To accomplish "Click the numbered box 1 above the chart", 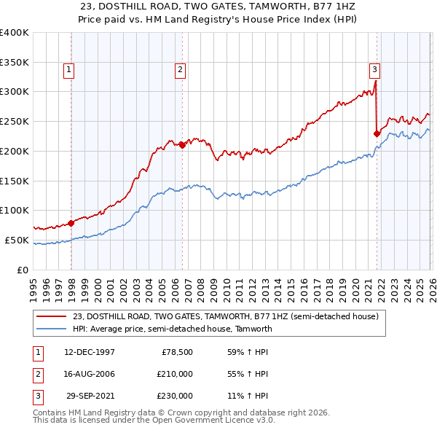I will click(68, 70).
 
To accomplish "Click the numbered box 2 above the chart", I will click(180, 70).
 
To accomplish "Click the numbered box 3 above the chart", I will click(374, 70).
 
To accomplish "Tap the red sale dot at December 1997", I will click(71, 223).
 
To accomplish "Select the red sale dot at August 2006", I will click(182, 145).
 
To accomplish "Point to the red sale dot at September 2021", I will click(377, 133).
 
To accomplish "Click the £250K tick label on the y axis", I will click(15, 121).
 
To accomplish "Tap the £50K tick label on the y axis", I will click(17, 240).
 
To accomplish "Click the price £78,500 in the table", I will click(177, 351).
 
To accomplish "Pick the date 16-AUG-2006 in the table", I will click(90, 374).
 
